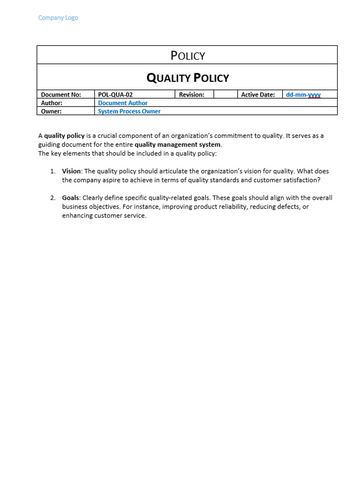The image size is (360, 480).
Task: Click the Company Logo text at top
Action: [57, 18]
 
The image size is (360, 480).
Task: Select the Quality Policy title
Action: [188, 77]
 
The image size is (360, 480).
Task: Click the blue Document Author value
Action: [124, 102]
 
